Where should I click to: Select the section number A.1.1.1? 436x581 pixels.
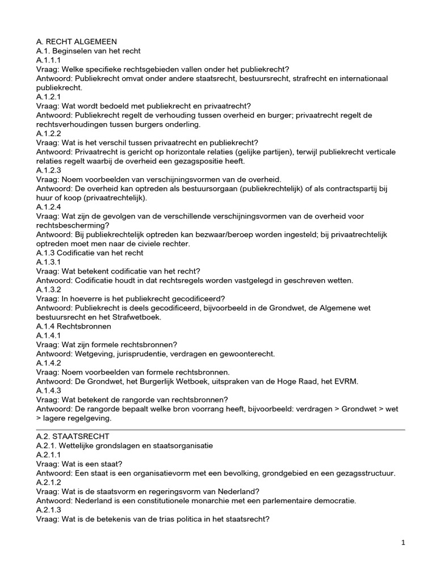tap(49, 60)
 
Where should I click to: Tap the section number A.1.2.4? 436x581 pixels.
tap(49, 207)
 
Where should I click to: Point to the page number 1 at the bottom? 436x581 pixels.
tap(403, 543)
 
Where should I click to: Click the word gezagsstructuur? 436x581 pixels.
tap(364, 473)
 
